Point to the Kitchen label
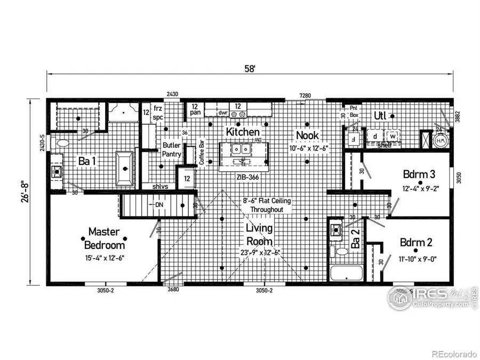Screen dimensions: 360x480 [x=243, y=132]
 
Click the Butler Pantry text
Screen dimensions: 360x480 [x=172, y=149]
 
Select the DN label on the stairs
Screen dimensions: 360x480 [x=159, y=205]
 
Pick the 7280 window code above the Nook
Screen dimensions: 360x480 [x=306, y=94]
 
